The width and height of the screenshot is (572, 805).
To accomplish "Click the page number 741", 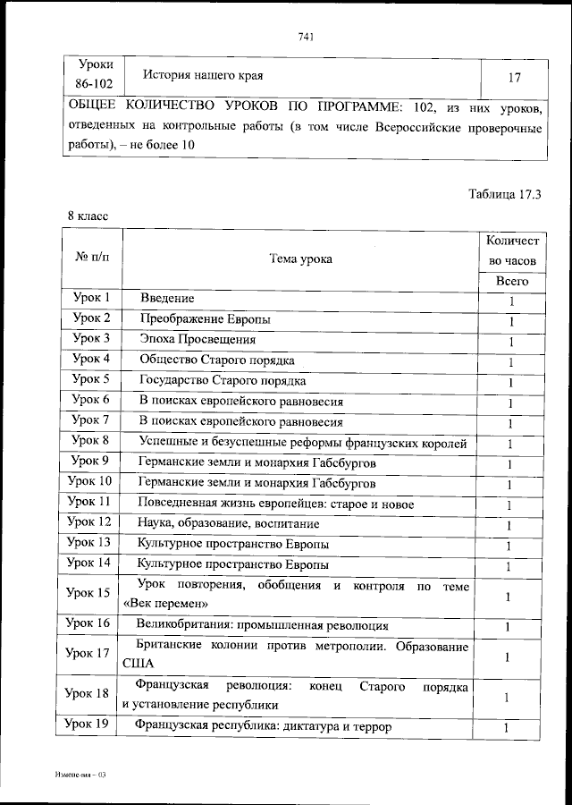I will coord(304,37).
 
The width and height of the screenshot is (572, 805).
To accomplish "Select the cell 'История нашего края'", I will coord(205,77).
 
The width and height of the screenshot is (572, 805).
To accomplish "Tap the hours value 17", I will coord(514,78).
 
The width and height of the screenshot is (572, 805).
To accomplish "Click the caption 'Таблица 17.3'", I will coord(505,193).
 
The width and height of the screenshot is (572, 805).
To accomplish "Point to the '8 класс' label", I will coord(87,216).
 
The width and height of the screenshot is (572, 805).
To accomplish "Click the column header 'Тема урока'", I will coord(300,259).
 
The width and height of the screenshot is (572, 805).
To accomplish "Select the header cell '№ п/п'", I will coord(92,258).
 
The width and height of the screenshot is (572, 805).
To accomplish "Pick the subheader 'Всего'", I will coord(512,281).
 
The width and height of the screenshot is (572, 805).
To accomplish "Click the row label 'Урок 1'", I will coord(91,298).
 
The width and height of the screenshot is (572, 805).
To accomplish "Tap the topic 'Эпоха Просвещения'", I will coord(198,340).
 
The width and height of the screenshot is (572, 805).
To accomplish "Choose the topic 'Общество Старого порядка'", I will coord(216,360).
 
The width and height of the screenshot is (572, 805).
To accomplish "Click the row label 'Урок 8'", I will coord(91,440).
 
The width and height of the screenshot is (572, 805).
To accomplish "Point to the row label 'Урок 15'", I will coord(91,593).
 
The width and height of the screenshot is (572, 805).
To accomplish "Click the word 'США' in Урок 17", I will coord(139,664).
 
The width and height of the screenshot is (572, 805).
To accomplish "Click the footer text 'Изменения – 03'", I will coord(80,770).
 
